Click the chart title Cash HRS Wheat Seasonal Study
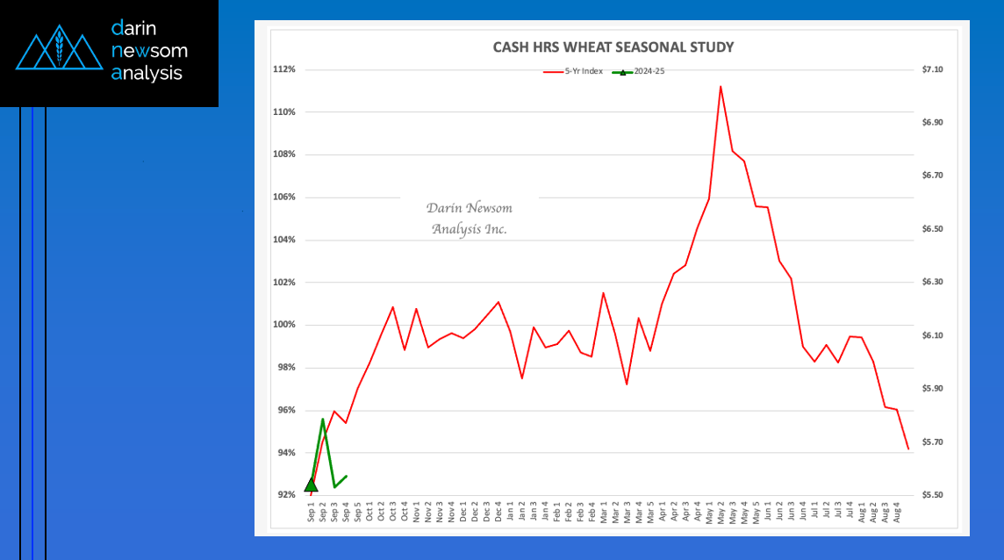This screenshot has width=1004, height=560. coord(613,47)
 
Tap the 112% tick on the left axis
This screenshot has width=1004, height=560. coord(285,69)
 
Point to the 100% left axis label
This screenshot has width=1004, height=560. coord(285,325)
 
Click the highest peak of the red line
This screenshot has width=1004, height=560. coord(721,86)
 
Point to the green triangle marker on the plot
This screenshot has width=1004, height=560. coord(311,485)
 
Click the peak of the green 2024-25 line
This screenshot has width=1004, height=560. coord(323,419)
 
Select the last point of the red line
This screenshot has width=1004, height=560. coord(908,449)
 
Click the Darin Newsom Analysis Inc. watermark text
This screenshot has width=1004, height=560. coord(469,219)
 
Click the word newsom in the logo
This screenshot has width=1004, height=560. coord(149,51)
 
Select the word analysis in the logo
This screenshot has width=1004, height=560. coord(147,73)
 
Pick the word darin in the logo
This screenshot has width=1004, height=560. coord(133,28)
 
